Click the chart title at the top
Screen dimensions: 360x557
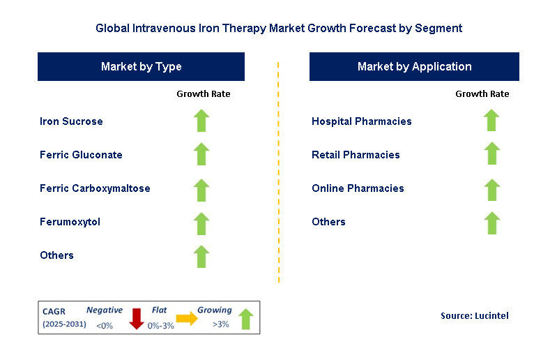point(278,29)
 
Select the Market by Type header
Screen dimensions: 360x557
point(141,67)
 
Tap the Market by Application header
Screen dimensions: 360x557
point(414,67)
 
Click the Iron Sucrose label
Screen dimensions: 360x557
point(71,121)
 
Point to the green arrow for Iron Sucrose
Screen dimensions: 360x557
point(201,121)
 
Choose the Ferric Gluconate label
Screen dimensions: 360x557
point(81,155)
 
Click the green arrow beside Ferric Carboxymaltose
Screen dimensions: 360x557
point(201,190)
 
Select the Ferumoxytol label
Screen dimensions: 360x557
point(70,222)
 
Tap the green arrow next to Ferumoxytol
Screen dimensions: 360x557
point(201,223)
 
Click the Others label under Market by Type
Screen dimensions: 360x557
point(56,255)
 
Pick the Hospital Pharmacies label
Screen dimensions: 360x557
point(361,121)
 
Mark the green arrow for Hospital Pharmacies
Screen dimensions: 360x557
point(491,121)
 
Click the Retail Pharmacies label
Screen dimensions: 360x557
point(356,155)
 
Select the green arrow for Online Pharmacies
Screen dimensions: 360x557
point(491,190)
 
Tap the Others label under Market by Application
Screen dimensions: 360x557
point(328,222)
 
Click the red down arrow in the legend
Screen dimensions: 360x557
point(137,319)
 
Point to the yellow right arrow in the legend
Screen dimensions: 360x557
point(187,318)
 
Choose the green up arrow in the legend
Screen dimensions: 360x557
point(245,319)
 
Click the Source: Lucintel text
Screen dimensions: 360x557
point(474,316)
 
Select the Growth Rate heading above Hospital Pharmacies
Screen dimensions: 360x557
point(482,93)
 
